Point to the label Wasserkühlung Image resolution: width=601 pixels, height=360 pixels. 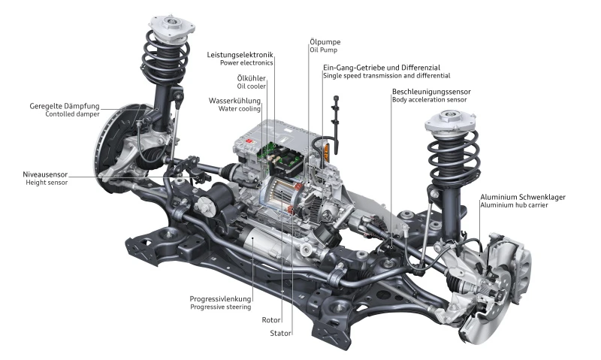235,100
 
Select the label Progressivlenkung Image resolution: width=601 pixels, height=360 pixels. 220,298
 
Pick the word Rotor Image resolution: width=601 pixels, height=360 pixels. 270,319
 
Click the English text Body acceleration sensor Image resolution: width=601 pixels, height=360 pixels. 429,99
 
